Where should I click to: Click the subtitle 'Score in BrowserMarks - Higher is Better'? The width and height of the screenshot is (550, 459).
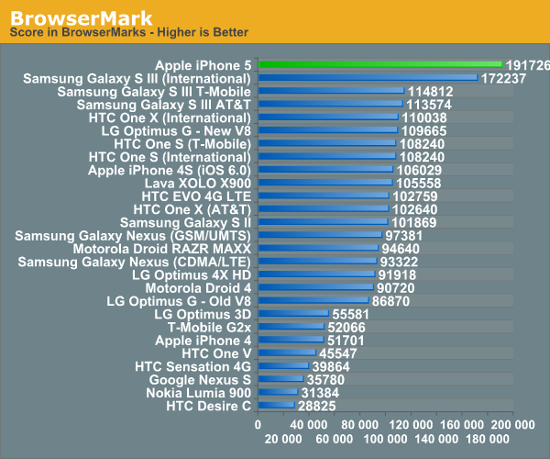[128, 33]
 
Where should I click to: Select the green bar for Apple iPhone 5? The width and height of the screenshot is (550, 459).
[379, 65]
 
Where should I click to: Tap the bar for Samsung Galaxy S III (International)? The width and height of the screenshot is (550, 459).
[367, 78]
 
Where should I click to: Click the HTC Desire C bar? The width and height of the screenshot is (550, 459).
[276, 405]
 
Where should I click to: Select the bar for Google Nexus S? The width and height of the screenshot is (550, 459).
[280, 378]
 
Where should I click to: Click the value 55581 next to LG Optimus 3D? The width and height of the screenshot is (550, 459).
[351, 314]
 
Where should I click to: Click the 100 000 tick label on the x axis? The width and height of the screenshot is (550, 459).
[384, 424]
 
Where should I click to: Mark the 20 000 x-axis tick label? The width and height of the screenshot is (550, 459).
[282, 440]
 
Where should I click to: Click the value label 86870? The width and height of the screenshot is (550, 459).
[391, 300]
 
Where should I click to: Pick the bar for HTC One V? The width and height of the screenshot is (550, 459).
[287, 353]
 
